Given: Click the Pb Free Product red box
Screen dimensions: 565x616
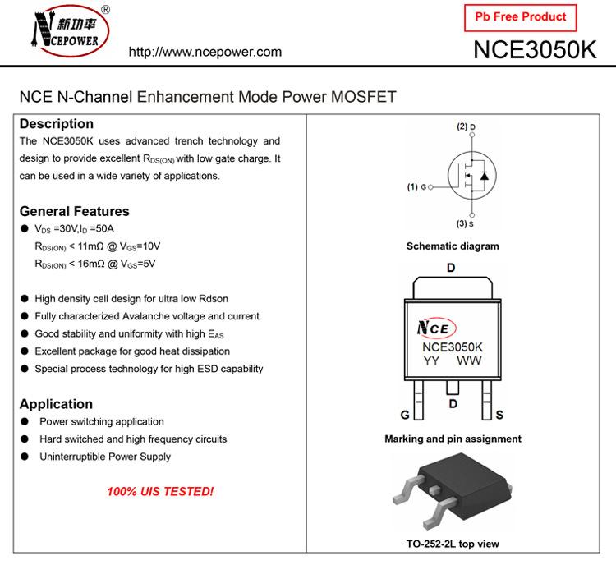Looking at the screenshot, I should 521,16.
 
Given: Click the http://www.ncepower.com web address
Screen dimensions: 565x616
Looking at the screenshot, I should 205,52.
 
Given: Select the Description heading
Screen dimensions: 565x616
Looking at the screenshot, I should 57,124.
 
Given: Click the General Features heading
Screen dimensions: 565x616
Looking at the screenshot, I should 75,211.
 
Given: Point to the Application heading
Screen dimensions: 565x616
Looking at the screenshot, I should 56,404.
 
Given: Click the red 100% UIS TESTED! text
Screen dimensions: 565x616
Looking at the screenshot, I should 160,492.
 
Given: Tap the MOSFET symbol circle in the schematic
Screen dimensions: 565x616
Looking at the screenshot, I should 472,175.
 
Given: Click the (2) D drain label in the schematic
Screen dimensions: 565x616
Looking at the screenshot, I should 467,126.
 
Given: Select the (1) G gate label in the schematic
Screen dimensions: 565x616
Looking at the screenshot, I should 418,187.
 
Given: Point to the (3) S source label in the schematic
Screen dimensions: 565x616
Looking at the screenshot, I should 467,223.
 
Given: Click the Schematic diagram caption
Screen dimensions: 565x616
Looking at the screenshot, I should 453,246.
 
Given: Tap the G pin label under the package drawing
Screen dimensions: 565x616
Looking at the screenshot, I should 405,415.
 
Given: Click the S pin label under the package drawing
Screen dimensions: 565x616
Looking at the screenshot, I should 499,415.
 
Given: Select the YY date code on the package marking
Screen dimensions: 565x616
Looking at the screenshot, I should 432,361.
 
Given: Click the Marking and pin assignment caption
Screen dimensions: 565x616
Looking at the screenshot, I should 453,439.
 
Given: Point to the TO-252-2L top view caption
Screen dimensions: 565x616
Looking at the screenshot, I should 453,544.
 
